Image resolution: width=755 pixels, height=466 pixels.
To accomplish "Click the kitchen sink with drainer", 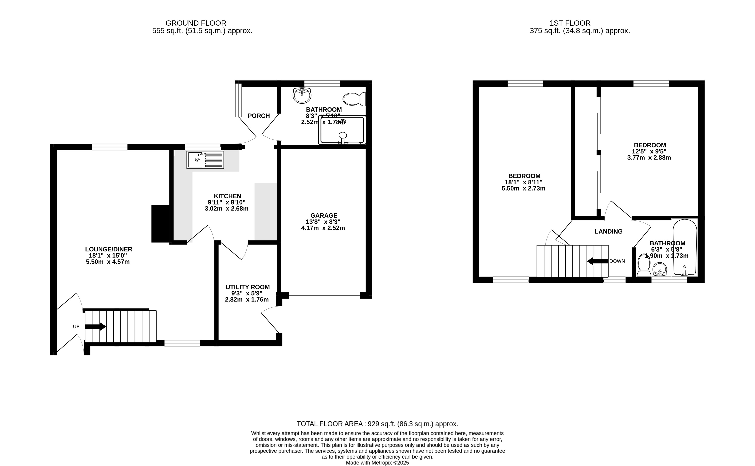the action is coord(205,160).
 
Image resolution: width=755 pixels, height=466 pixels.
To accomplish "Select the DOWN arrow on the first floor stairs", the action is coord(598,261).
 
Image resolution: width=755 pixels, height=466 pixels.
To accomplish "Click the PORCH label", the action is coord(259,116).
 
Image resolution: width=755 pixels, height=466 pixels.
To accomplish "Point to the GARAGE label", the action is coord(324,215).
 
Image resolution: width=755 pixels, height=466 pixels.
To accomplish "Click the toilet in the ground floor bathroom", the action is coord(354,99).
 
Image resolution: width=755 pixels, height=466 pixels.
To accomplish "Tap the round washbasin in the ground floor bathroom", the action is coord(302,95).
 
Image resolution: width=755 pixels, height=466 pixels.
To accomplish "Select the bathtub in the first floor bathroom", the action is coord(685,247).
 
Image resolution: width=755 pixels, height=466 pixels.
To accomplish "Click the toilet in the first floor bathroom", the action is coord(644,265).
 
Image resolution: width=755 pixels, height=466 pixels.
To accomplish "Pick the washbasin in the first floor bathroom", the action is coord(660,269).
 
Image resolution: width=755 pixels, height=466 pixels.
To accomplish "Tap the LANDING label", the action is coord(609,231).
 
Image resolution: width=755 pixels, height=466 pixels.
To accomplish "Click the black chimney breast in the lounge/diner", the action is coord(161,223).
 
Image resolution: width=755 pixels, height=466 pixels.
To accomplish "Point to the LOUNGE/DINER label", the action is coord(109,249).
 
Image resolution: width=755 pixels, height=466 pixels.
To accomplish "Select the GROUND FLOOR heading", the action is coord(196,23).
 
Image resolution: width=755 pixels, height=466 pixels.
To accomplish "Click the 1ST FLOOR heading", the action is coord(570,23).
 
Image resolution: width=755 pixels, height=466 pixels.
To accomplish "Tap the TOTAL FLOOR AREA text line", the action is coord(378,424).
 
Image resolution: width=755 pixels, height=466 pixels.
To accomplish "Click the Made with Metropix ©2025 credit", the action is coord(378,463).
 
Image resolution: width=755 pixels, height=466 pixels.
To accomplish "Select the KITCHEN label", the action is coord(227,196).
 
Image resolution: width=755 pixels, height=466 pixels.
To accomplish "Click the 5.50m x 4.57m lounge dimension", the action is coord(108,262).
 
